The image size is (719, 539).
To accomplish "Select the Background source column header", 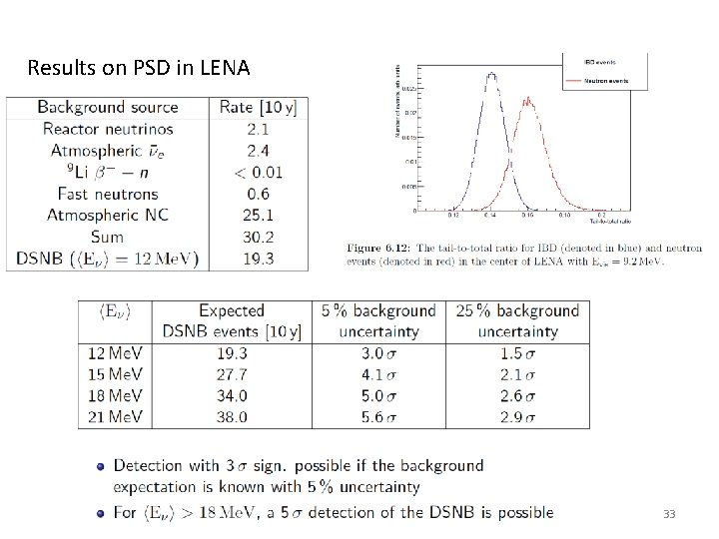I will click(108, 107).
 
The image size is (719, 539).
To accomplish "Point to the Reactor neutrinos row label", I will click(108, 129).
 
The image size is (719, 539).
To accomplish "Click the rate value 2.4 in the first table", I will click(258, 151).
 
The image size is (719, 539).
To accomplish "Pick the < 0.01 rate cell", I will click(258, 172).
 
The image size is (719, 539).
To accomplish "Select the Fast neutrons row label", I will click(108, 194).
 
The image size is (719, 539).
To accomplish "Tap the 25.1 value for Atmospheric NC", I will click(258, 215).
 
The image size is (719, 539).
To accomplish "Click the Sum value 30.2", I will click(258, 237).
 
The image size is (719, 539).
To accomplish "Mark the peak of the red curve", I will click(527, 99).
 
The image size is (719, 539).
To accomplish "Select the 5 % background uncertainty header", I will click(378, 320).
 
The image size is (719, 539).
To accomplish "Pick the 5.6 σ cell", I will click(378, 416).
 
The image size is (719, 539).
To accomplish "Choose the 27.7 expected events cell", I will click(231, 374).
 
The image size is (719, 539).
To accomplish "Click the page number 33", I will click(668, 514).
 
